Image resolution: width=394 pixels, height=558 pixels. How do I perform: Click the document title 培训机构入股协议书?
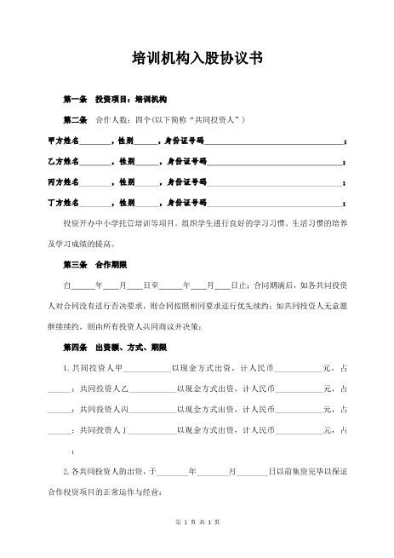tap(197, 59)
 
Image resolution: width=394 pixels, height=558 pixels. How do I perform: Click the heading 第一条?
tap(75, 101)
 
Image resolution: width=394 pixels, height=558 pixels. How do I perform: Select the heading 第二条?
tap(75, 120)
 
